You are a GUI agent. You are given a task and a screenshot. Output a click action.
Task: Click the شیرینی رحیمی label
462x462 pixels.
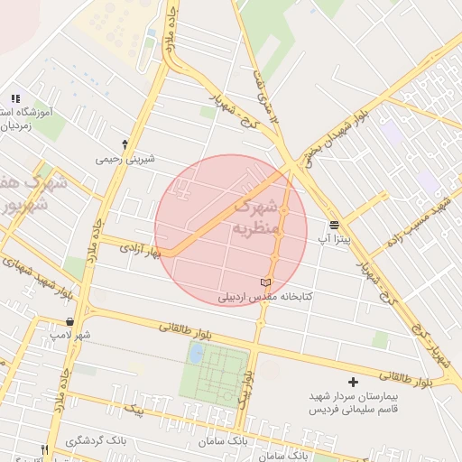coord(125,159)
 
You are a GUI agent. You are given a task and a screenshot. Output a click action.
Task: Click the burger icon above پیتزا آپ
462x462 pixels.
coord(335,224)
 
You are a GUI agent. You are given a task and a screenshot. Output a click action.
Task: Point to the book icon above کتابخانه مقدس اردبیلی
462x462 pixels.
coord(264,282)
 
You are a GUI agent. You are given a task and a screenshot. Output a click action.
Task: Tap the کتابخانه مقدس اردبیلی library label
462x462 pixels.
coord(264,296)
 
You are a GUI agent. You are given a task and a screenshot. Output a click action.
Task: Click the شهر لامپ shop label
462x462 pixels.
coord(70,336)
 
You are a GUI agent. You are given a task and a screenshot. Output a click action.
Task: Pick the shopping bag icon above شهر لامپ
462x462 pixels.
coord(70,321)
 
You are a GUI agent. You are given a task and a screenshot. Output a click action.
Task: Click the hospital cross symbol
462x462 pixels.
coord(353,383)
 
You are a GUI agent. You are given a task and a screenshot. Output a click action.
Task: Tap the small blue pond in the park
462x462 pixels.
coord(195,353)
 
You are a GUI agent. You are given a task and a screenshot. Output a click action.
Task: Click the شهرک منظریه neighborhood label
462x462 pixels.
coord(259,217)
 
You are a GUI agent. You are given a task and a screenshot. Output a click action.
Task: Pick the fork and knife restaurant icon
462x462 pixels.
coord(42,448)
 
